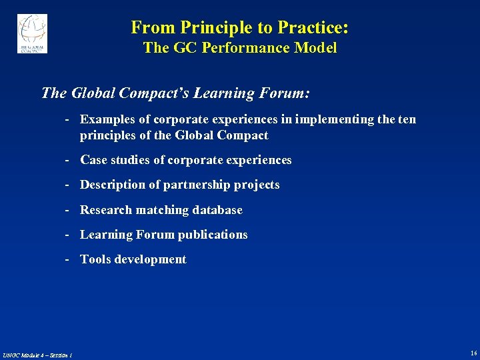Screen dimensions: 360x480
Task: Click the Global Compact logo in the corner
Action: point(32,33)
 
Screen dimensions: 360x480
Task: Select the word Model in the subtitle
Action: point(317,48)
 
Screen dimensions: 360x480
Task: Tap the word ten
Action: point(407,119)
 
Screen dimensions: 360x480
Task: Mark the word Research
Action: point(106,210)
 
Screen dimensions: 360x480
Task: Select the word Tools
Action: point(95,259)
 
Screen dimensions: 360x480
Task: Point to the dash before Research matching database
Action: point(68,210)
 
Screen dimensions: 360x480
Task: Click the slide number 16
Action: point(473,353)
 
